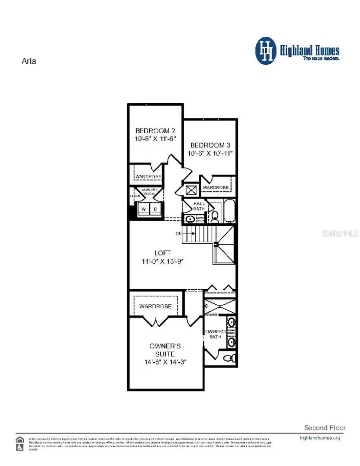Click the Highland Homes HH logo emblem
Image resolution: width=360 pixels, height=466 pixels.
(x=266, y=51)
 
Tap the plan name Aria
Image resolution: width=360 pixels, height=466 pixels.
(x=28, y=61)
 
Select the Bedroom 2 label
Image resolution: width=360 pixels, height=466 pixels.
(x=155, y=131)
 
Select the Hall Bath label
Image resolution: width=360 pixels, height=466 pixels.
(x=199, y=206)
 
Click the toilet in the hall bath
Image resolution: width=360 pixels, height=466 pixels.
(x=214, y=217)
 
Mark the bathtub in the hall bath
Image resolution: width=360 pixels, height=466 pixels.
(x=229, y=211)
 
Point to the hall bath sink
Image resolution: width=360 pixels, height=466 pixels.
(x=189, y=219)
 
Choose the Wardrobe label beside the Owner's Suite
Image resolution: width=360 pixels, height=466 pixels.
(x=155, y=306)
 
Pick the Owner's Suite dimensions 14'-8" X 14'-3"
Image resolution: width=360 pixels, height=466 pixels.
(x=166, y=362)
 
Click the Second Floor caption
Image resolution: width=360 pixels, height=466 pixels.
(x=324, y=428)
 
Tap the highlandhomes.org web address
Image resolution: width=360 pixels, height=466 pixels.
(x=320, y=438)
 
